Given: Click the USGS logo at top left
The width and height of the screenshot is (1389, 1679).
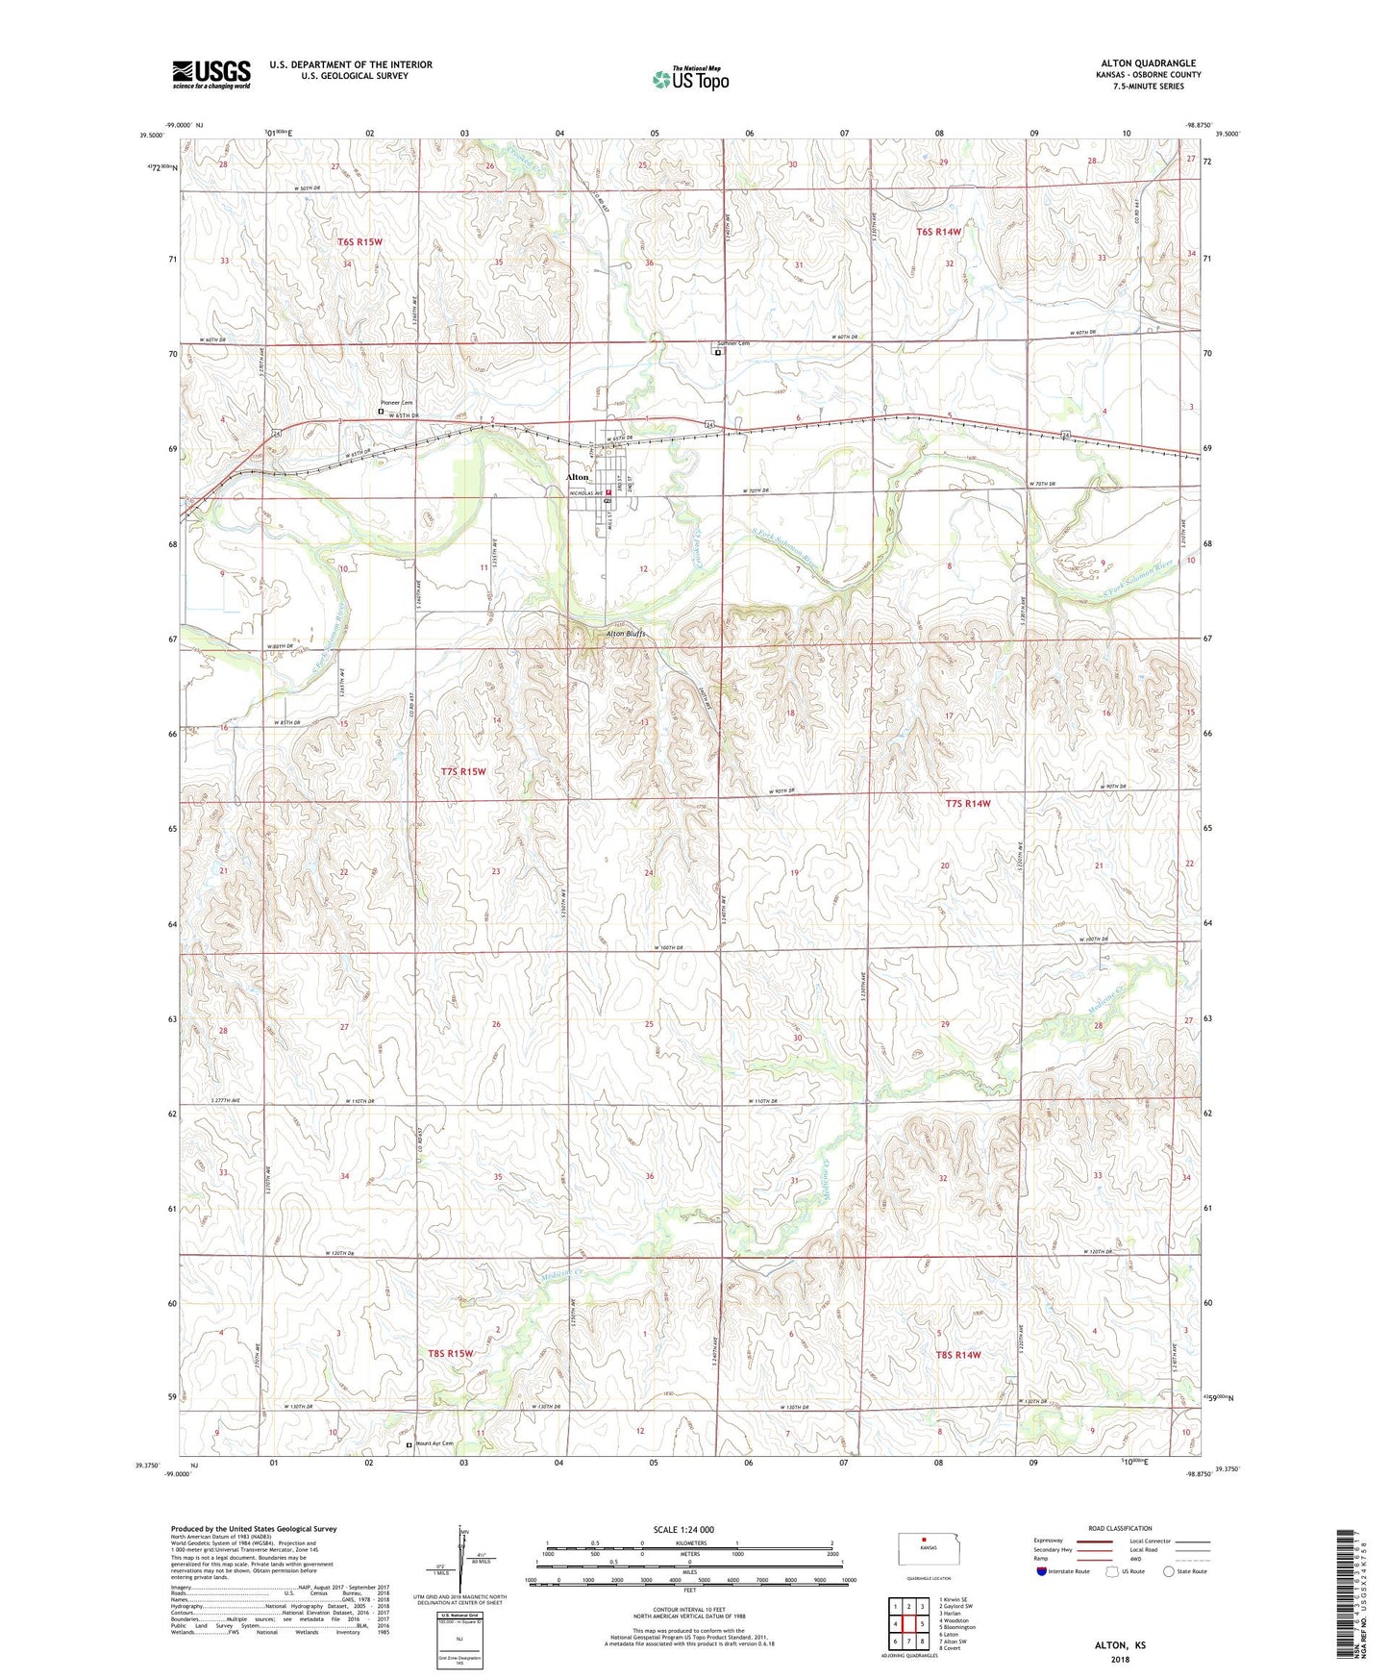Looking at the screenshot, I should [211, 74].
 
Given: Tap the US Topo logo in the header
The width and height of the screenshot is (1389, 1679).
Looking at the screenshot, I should [690, 79].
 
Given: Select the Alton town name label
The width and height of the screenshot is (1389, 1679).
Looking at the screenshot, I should [577, 477].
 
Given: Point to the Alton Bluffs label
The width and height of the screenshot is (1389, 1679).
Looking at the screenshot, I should [626, 634].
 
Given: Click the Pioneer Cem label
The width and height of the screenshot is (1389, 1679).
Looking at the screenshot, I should [396, 403].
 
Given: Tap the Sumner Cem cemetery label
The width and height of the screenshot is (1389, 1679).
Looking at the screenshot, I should [731, 343].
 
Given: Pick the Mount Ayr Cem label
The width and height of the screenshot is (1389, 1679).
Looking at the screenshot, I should [434, 1443].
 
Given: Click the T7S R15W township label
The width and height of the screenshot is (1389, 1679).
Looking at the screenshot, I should [463, 771].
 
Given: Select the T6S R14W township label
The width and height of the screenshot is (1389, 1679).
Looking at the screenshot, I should [938, 232].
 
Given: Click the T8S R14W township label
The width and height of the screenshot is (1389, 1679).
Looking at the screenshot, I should [958, 1355].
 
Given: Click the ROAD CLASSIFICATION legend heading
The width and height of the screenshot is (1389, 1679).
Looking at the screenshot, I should [1120, 1528].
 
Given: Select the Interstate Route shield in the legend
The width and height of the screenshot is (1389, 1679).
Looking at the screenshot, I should [1042, 1571].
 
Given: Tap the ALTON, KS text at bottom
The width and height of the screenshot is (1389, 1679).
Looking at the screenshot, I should [1120, 1645].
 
